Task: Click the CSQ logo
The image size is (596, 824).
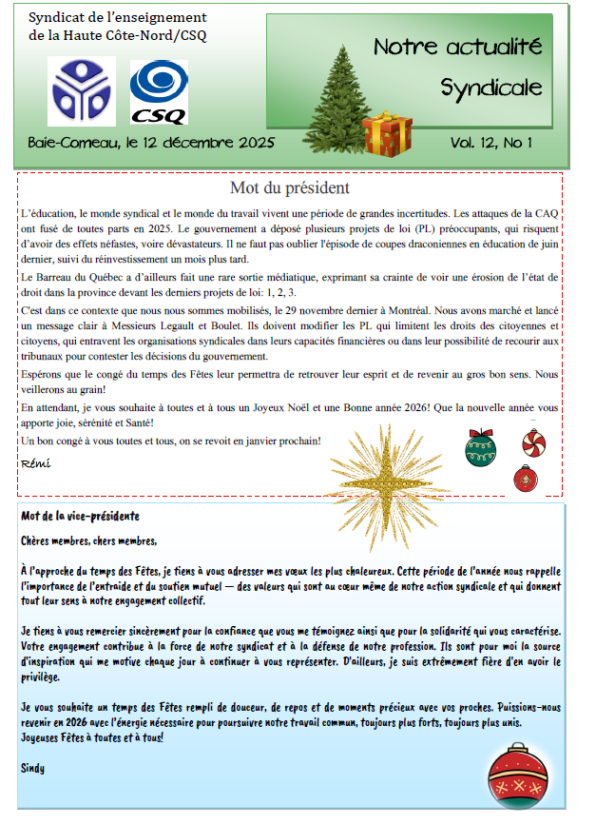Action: [159, 92]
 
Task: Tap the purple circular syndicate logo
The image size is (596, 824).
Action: [82, 91]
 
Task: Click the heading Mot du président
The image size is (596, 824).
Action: [290, 188]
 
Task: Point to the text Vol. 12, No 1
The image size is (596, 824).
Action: [490, 143]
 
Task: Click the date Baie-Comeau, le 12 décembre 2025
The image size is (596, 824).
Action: [151, 143]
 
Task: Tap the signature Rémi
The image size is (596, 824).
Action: [34, 463]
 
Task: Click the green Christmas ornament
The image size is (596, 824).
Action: [480, 447]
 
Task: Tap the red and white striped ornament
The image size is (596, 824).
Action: [534, 441]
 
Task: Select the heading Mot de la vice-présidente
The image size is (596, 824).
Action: [80, 516]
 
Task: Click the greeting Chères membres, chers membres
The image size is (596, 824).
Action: [87, 541]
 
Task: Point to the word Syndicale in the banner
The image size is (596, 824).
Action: [490, 88]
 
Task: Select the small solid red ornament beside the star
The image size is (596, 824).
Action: [525, 478]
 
